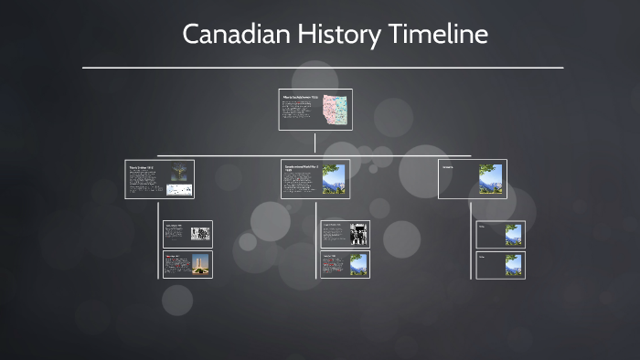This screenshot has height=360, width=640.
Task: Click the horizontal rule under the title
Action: click(x=322, y=68)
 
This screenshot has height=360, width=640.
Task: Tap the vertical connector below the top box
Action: click(x=315, y=142)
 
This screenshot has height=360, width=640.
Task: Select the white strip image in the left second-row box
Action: click(x=178, y=190)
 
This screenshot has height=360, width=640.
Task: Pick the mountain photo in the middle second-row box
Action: click(x=334, y=179)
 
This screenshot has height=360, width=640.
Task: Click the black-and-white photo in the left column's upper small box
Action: click(x=200, y=233)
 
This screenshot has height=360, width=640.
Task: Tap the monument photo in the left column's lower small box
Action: click(x=200, y=264)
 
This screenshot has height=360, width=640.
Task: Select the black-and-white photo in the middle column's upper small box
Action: click(x=357, y=233)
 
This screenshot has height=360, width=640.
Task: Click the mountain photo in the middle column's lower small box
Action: click(x=357, y=264)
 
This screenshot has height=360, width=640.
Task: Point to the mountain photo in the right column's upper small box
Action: click(x=514, y=234)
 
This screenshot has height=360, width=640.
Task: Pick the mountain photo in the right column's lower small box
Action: click(x=514, y=265)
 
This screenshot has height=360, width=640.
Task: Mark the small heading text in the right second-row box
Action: click(x=448, y=167)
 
